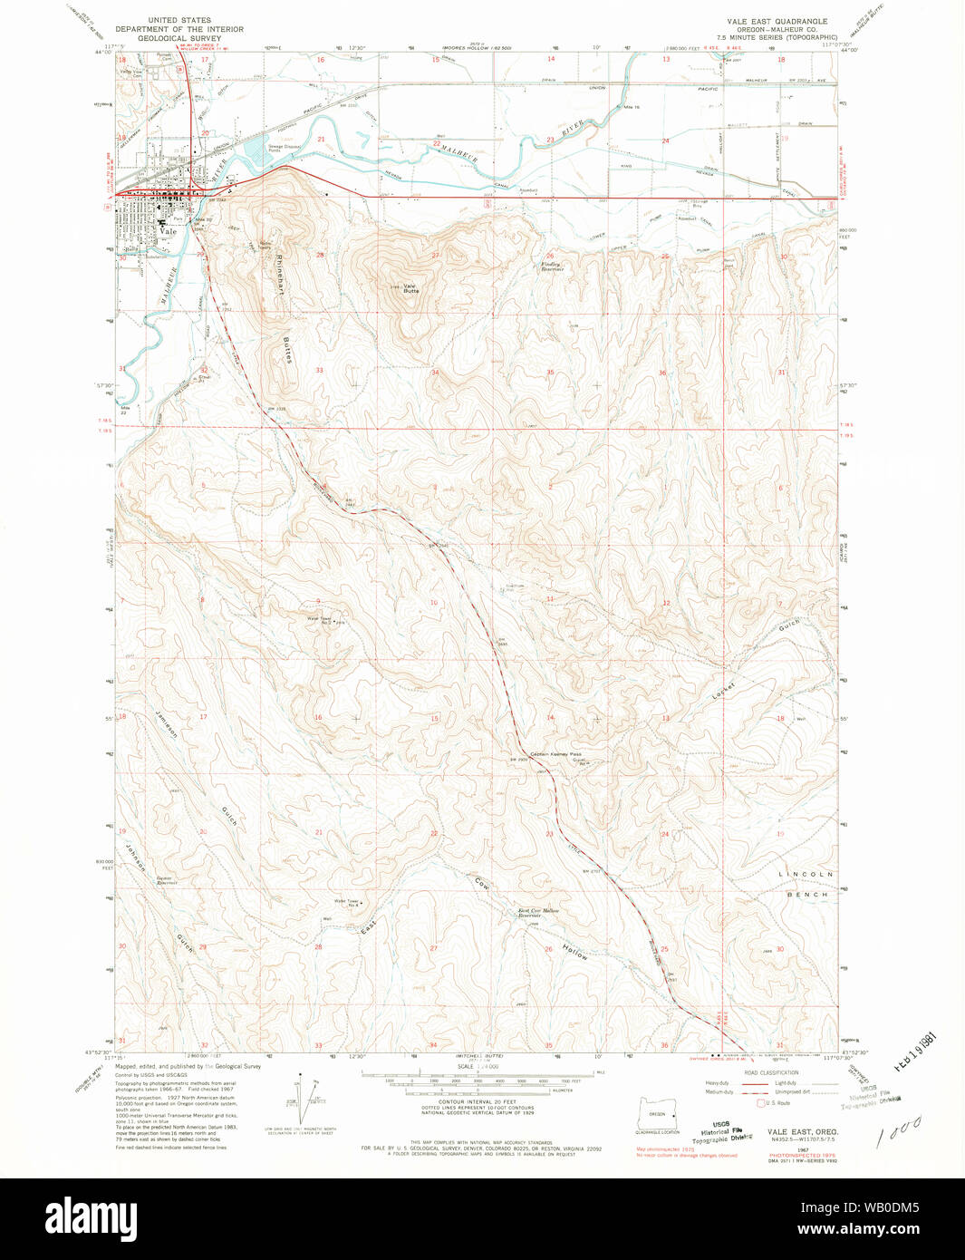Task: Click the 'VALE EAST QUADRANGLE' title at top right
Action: [x=776, y=20]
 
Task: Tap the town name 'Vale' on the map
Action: [x=167, y=231]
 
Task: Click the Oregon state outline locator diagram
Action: [x=657, y=1113]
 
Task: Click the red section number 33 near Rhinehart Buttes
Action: [x=319, y=370]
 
